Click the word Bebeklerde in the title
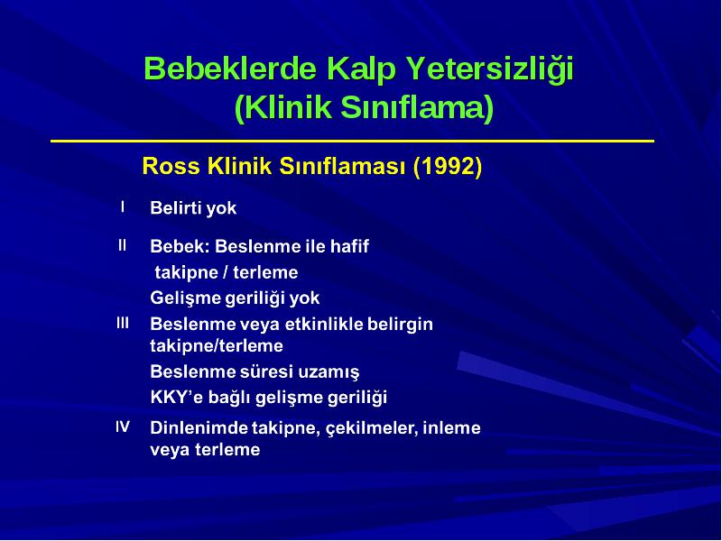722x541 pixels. [x=230, y=69]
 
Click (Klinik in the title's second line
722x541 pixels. [x=283, y=107]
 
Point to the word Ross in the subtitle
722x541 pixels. [x=171, y=166]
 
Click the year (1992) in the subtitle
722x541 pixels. [x=448, y=167]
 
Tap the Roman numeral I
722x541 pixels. [x=123, y=207]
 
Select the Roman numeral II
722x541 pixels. [x=122, y=245]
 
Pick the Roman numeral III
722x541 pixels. [x=123, y=323]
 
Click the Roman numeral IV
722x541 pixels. [x=123, y=426]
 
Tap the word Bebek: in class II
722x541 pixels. [x=180, y=246]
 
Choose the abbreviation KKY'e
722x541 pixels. [x=177, y=397]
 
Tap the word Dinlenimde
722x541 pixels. [x=199, y=427]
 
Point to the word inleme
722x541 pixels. [x=452, y=427]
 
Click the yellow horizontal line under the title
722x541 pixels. [x=352, y=141]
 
